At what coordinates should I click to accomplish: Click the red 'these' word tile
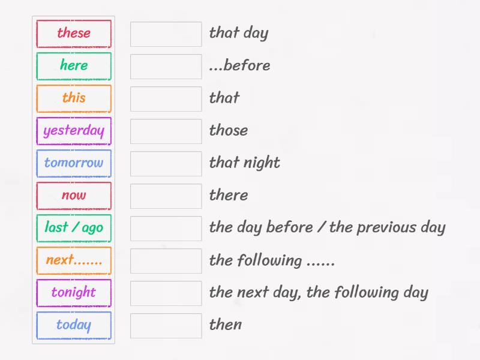tap(74, 34)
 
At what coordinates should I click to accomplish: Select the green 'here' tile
tap(74, 66)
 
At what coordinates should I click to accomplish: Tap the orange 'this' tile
tap(74, 98)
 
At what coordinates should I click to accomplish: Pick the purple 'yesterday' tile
tap(74, 131)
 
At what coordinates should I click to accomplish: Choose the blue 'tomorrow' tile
tap(74, 163)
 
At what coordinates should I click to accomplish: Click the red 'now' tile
tap(74, 196)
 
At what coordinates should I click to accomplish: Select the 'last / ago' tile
tap(74, 228)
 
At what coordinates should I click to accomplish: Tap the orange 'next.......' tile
tap(74, 260)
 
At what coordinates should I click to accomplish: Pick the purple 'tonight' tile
tap(74, 293)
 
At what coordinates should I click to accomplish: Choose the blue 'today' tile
tap(74, 325)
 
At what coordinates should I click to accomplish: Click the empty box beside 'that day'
tap(166, 34)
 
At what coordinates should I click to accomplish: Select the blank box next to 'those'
tap(166, 131)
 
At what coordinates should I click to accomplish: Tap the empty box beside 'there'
tap(166, 196)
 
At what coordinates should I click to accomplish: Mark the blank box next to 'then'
tap(166, 326)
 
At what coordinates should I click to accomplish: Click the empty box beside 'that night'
tap(166, 164)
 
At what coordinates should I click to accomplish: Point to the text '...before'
tap(239, 66)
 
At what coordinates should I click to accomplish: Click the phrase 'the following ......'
tap(272, 260)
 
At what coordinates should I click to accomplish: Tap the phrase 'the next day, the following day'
tap(318, 293)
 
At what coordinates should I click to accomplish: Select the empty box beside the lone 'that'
tap(166, 99)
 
